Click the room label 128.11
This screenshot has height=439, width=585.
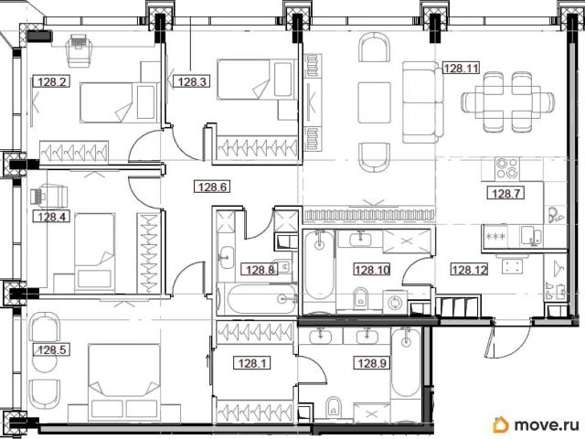pyautogui.click(x=461, y=69)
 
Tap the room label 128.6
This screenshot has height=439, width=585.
pyautogui.click(x=212, y=187)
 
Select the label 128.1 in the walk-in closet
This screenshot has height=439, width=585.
pyautogui.click(x=252, y=362)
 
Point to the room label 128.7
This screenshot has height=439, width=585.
pyautogui.click(x=505, y=193)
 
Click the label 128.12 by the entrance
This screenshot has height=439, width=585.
pyautogui.click(x=469, y=269)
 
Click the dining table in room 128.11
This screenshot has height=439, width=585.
pyautogui.click(x=507, y=102)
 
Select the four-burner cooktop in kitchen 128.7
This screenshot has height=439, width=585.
pyautogui.click(x=507, y=168)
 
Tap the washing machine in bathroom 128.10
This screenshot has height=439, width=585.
pyautogui.click(x=395, y=302)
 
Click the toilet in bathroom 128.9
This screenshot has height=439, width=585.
pyautogui.click(x=333, y=406)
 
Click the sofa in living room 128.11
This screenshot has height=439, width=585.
pyautogui.click(x=420, y=102)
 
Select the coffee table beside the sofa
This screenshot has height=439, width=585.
pyautogui.click(x=374, y=102)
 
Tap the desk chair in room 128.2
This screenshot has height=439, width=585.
pyautogui.click(x=79, y=51)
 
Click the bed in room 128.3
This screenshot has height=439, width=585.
pyautogui.click(x=257, y=80)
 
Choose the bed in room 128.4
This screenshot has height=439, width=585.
pyautogui.click(x=95, y=252)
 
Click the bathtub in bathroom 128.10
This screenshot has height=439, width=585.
pyautogui.click(x=319, y=270)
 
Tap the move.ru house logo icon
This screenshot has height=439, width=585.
pyautogui.click(x=500, y=424)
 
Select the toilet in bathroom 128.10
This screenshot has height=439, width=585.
pyautogui.click(x=360, y=297)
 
